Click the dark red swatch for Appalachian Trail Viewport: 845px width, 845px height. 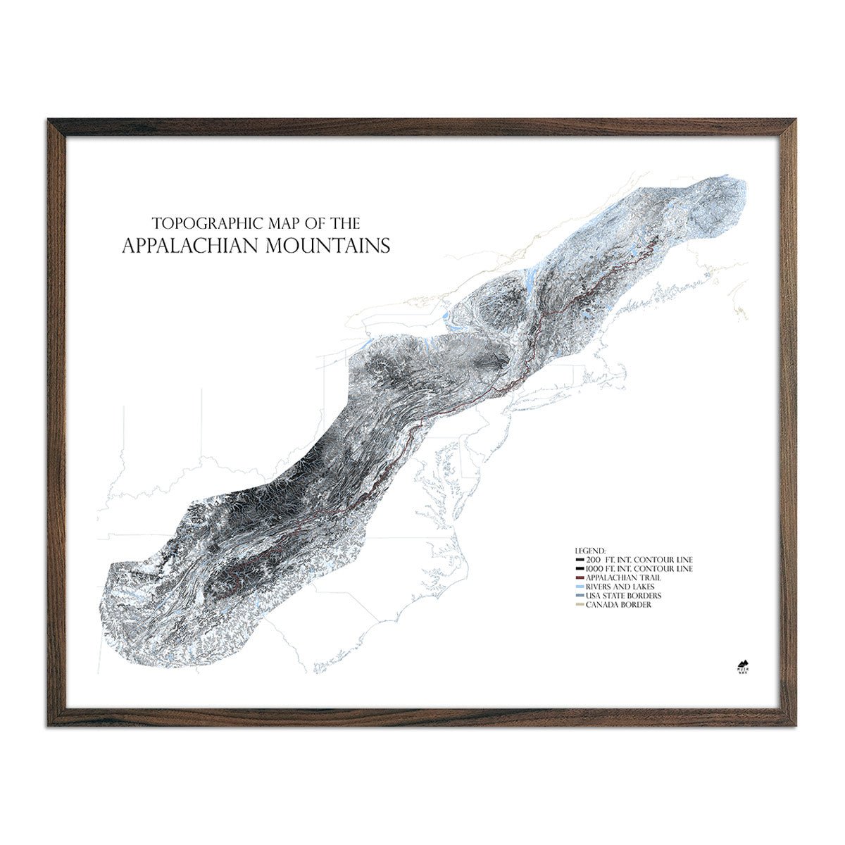579,577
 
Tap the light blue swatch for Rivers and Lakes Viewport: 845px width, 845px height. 579,587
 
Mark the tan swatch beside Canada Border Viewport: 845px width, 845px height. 579,605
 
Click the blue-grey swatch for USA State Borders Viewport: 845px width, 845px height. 579,596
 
